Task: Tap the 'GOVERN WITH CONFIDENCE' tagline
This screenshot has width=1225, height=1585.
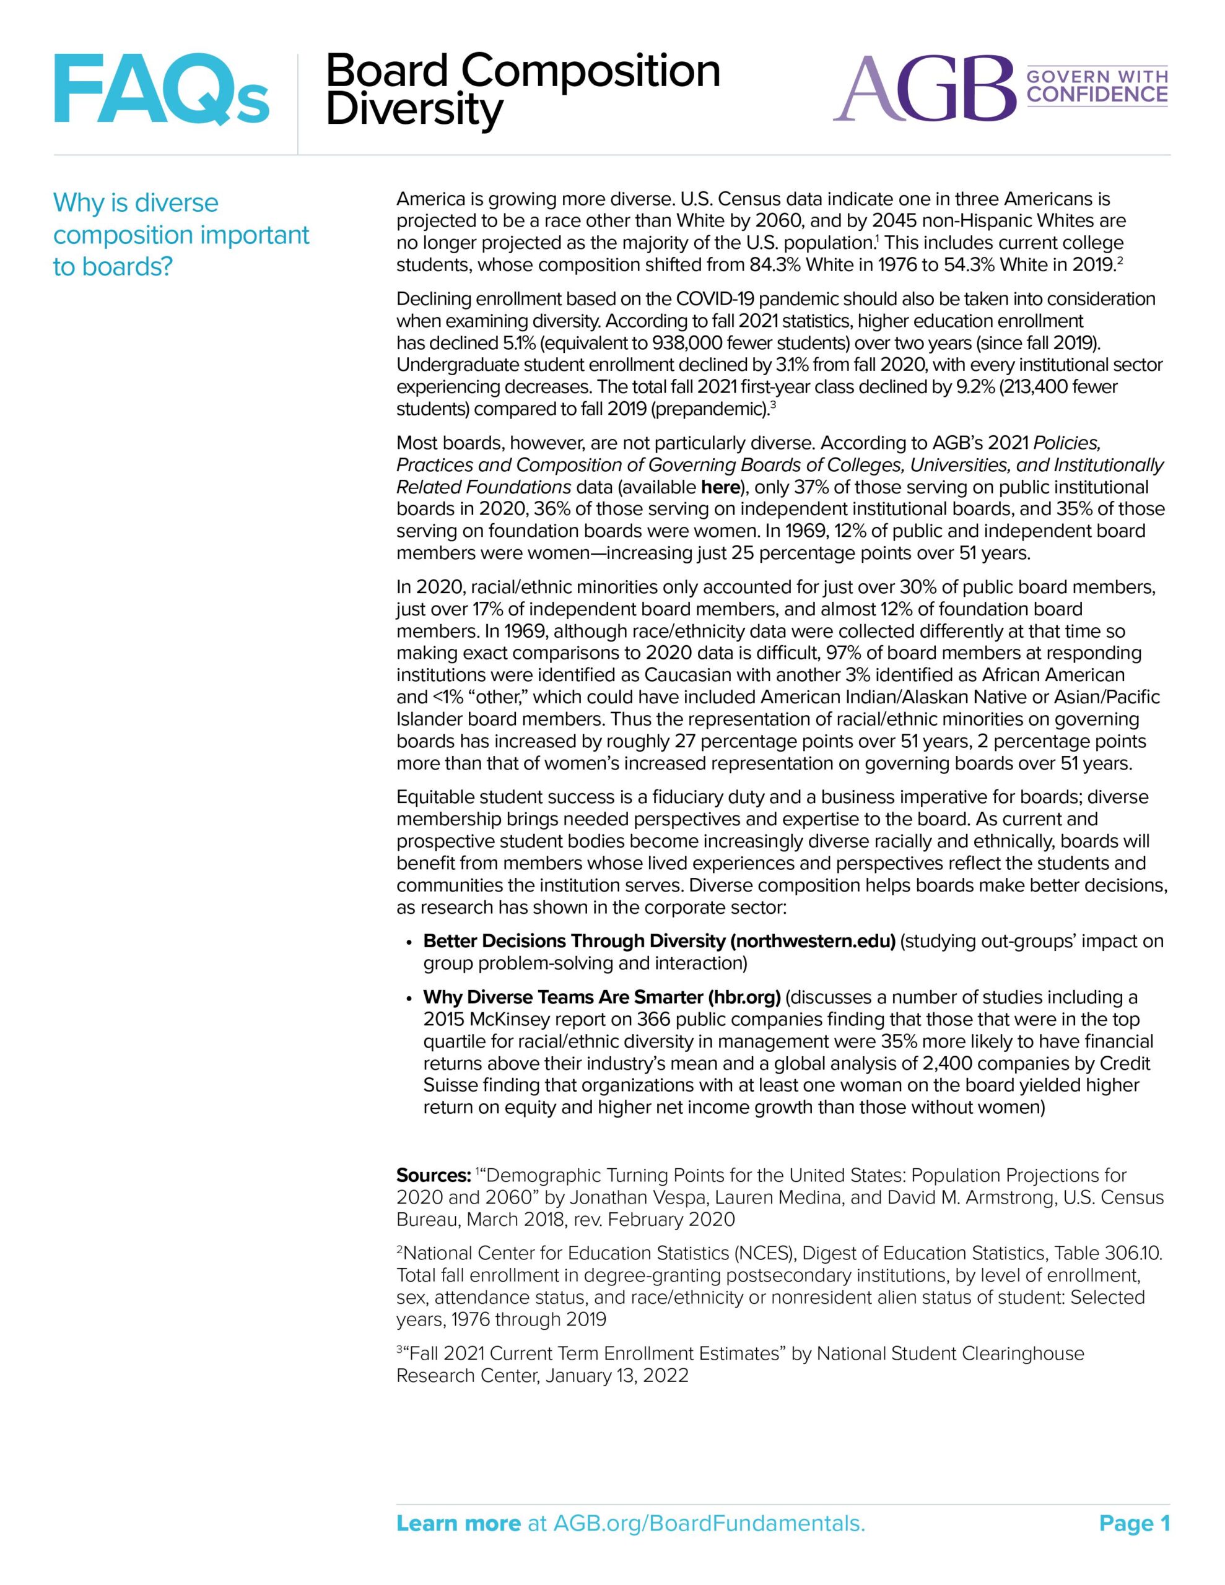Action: click(x=1096, y=86)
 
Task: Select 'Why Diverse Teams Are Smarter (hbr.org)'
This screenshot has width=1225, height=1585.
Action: click(x=601, y=997)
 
